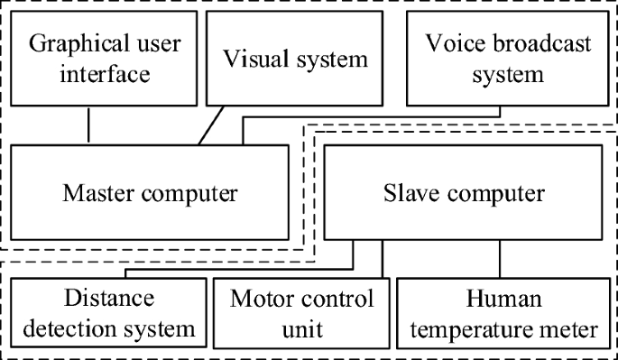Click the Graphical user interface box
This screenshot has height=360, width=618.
pyautogui.click(x=88, y=59)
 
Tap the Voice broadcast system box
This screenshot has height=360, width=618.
pyautogui.click(x=498, y=59)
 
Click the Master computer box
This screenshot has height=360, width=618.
pyautogui.click(x=150, y=192)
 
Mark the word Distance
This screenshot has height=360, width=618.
pyautogui.click(x=109, y=298)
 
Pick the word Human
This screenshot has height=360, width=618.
pyautogui.click(x=500, y=298)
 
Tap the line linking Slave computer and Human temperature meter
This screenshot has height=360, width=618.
pyautogui.click(x=500, y=258)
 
